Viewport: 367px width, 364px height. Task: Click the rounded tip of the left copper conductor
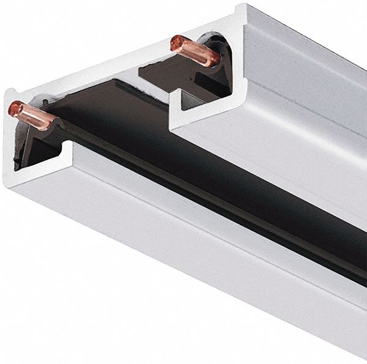[x=13, y=108]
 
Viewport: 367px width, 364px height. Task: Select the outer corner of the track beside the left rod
[x=7, y=92]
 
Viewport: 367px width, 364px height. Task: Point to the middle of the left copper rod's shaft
[x=34, y=115]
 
